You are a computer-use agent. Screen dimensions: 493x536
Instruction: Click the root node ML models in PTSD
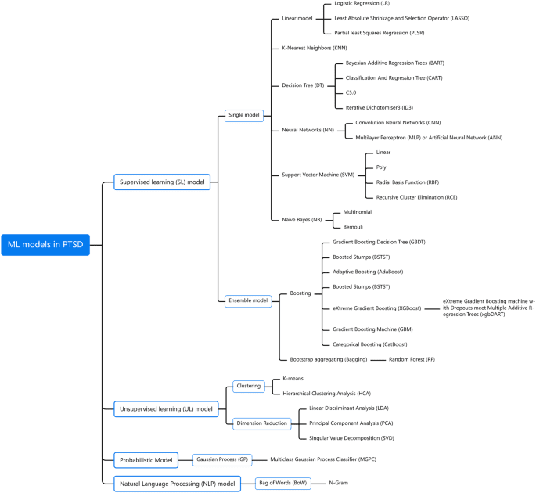point(46,245)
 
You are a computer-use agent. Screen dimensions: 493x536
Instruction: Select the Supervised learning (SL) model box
point(162,182)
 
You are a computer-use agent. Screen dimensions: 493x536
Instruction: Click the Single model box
point(244,115)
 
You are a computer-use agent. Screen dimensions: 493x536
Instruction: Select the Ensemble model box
point(248,300)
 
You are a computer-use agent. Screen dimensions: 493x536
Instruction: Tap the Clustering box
point(249,386)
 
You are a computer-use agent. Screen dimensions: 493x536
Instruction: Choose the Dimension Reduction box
point(261,423)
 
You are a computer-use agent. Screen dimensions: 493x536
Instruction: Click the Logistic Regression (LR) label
point(362,5)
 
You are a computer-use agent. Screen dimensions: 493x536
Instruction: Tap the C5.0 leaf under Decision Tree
point(351,92)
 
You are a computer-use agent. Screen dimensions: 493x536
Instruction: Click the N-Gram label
point(338,483)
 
